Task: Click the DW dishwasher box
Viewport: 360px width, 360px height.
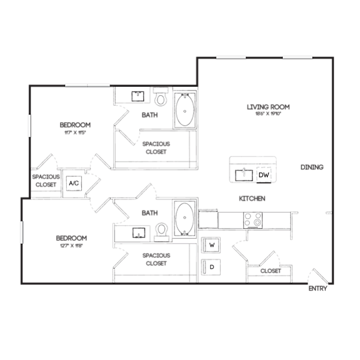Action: pyautogui.click(x=264, y=174)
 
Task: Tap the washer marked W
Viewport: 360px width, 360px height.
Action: pyautogui.click(x=212, y=245)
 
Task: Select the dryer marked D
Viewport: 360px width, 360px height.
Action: pyautogui.click(x=212, y=267)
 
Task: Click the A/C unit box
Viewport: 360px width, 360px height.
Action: pyautogui.click(x=74, y=184)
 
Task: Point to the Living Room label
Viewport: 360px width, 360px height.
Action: pyautogui.click(x=267, y=108)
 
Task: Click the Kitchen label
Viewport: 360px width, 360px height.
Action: pyautogui.click(x=252, y=199)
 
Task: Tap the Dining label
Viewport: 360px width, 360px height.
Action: pyautogui.click(x=311, y=168)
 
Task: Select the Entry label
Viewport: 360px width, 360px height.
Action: pyautogui.click(x=317, y=288)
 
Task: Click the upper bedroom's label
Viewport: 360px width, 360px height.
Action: pyautogui.click(x=75, y=126)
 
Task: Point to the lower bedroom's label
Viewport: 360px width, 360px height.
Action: pyautogui.click(x=71, y=239)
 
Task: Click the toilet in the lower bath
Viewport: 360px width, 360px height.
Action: pyautogui.click(x=163, y=231)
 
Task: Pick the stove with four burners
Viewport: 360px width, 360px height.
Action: pyautogui.click(x=252, y=220)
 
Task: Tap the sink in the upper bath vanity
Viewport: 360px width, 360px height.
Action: pyautogui.click(x=138, y=96)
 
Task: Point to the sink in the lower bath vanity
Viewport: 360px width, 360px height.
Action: pyautogui.click(x=138, y=232)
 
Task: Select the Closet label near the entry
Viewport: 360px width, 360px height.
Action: pyautogui.click(x=270, y=271)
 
